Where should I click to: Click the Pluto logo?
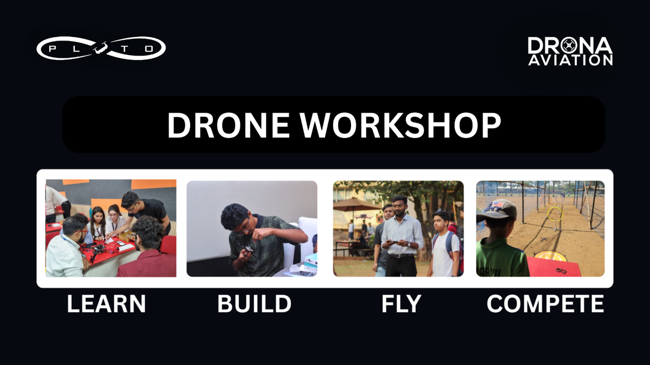coord(101,48)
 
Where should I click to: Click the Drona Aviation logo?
coord(570,51)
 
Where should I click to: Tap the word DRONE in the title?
coord(229,125)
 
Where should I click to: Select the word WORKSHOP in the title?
coord(400,125)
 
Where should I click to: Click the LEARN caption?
coord(106,303)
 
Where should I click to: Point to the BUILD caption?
coord(254,303)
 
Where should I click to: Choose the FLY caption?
coord(401,303)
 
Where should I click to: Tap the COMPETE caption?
coord(545,303)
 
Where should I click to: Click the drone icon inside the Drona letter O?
coord(569,45)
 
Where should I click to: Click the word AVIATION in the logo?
coord(570,60)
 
